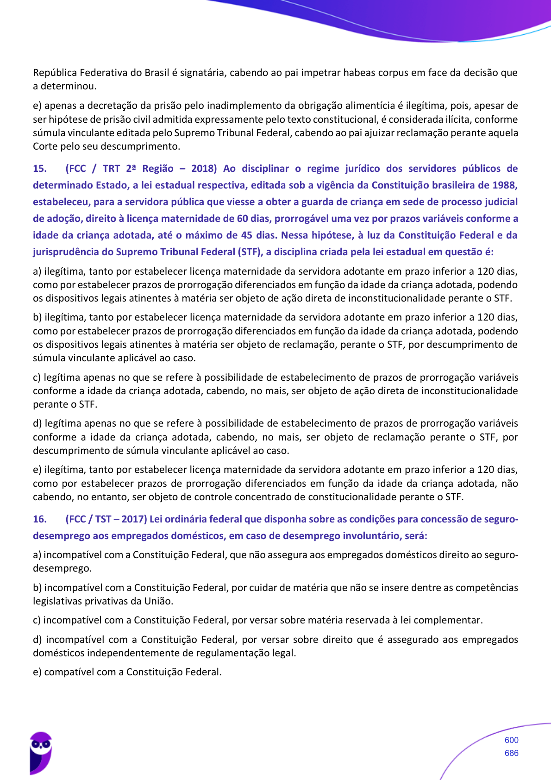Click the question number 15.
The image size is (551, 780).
coord(40,169)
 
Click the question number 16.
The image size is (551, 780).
coord(40,519)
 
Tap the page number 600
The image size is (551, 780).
coord(511,740)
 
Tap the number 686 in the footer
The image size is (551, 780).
coord(511,753)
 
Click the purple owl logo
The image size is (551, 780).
coord(41,753)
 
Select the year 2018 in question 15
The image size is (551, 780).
coord(204,169)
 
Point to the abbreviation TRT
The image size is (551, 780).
coord(111,169)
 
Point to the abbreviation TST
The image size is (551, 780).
coord(103,519)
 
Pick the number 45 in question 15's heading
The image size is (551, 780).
coord(246,235)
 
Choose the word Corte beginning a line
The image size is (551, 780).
coord(45,146)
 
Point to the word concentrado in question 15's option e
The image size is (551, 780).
coord(264,497)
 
